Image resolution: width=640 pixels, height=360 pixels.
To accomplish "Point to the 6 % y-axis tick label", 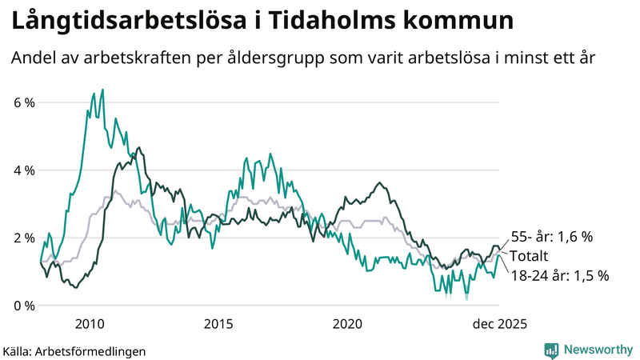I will pos(24,102).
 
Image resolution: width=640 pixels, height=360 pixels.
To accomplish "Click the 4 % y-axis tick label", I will pos(24,170).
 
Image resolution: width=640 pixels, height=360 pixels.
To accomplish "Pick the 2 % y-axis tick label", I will pos(24,238).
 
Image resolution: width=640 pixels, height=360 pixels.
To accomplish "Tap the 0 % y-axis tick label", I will pos(24,306).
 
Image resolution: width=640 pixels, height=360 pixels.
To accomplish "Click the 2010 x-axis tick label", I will pos(90,324).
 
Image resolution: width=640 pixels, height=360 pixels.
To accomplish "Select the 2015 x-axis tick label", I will pos(218,324).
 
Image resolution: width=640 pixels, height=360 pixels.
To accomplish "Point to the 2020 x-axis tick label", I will pos(347,324).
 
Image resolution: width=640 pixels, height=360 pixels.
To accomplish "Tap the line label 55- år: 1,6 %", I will pos(552,237).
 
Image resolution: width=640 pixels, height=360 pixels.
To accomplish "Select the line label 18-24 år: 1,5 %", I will pos(560,275).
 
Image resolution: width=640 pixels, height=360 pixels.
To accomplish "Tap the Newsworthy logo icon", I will pos(551,350).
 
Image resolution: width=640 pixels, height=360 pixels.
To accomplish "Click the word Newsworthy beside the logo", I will pos(598,350).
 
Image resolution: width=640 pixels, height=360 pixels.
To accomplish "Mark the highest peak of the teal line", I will pos(102,90).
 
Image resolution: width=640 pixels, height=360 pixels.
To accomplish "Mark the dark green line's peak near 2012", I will pos(139,147).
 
